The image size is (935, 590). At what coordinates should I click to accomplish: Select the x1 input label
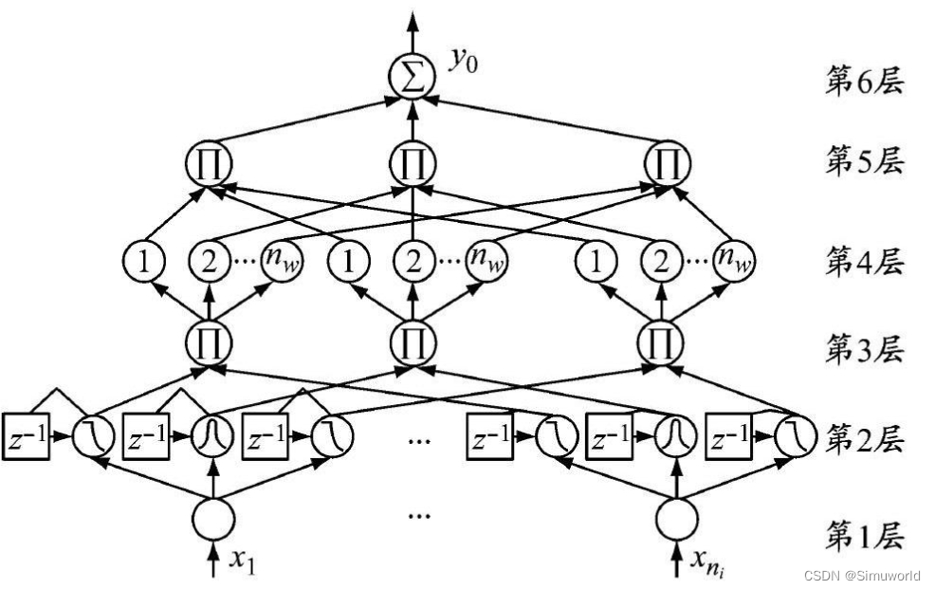pyautogui.click(x=243, y=561)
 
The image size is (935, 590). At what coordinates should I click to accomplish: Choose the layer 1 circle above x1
pyautogui.click(x=211, y=518)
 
